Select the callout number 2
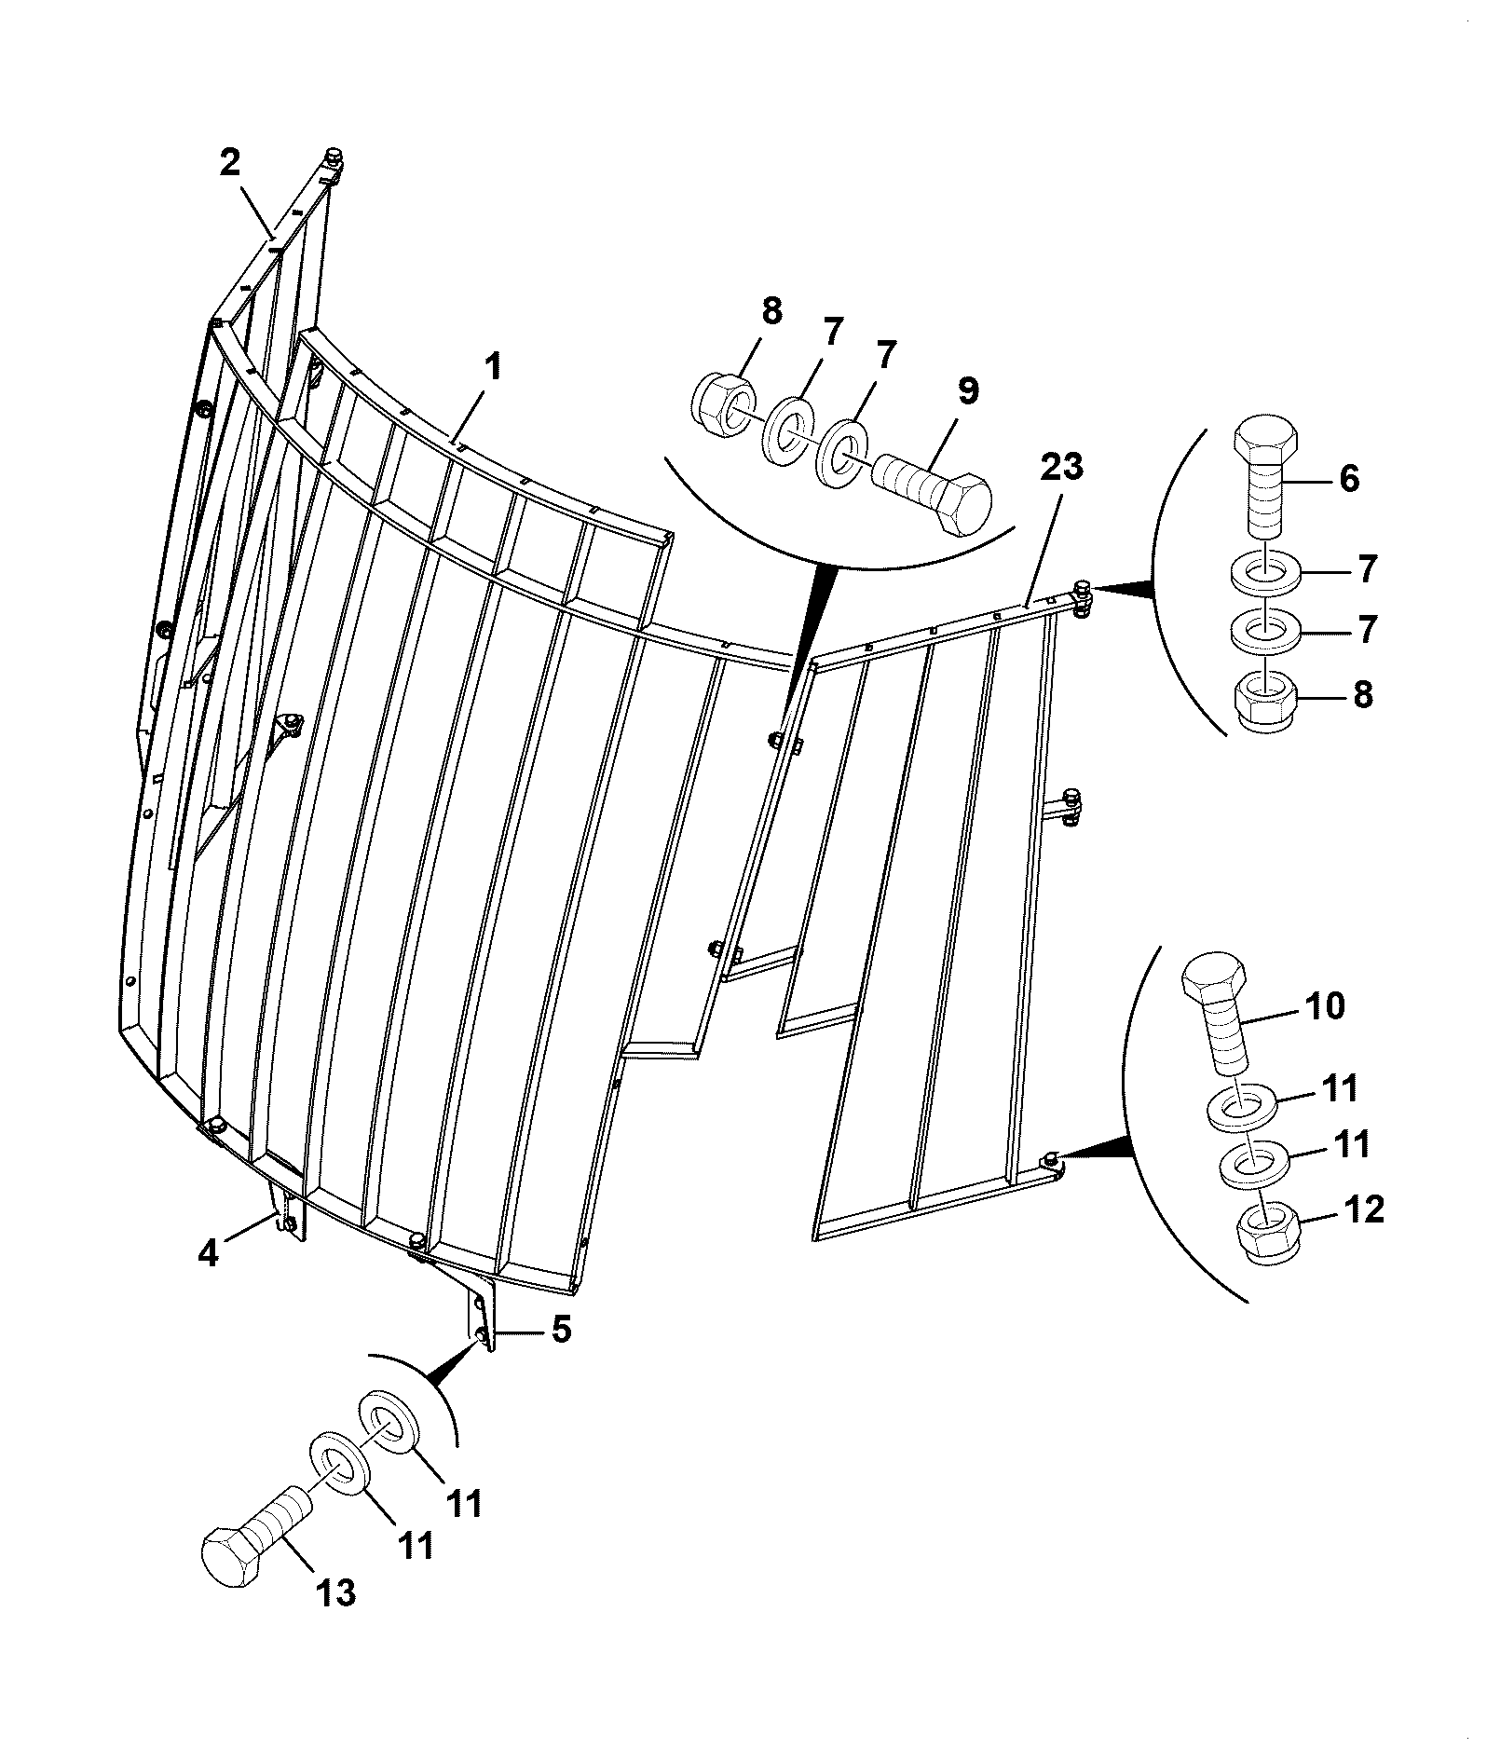pos(229,162)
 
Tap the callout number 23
pos(1061,466)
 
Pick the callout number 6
pos(1348,478)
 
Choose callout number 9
pos(969,391)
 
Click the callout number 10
pos(1323,1006)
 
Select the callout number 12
pos(1363,1210)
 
